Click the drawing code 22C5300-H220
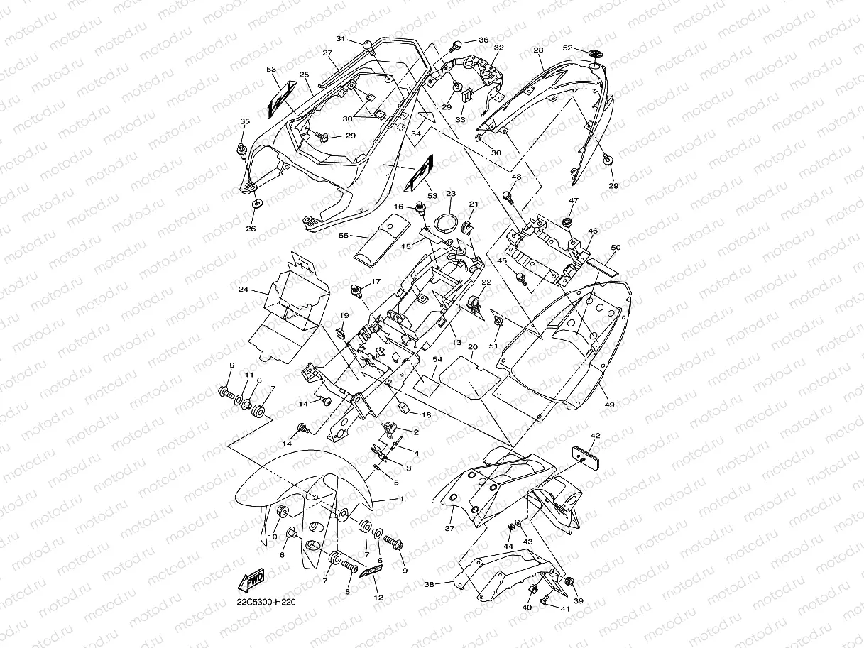click(x=266, y=603)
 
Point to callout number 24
click(x=243, y=290)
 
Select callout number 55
click(x=343, y=234)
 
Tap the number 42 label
click(x=595, y=436)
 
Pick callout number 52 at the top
click(x=567, y=48)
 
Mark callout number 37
click(x=449, y=529)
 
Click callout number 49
click(x=609, y=404)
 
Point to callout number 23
click(x=450, y=193)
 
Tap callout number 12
click(x=378, y=598)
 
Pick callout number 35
click(x=244, y=122)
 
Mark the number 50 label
click(x=616, y=247)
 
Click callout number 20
click(x=472, y=347)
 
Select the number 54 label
click(x=437, y=360)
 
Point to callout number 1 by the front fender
click(x=402, y=499)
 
